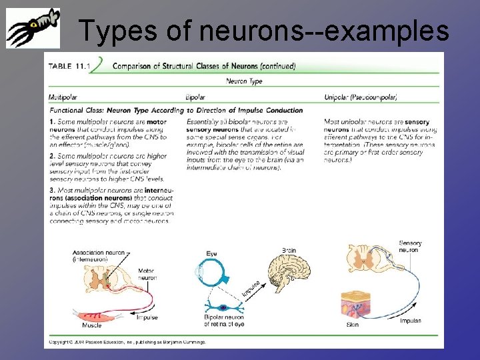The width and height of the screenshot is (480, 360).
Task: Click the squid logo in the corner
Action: click(33, 28)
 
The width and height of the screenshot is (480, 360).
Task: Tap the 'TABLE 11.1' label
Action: click(70, 65)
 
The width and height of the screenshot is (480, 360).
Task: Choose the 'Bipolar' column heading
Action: click(196, 97)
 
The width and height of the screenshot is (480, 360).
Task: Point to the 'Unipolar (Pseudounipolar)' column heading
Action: click(361, 97)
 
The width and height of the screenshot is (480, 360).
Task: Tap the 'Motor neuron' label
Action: click(147, 273)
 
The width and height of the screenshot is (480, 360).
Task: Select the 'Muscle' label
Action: click(91, 325)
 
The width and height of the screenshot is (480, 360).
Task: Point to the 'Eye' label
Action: click(211, 254)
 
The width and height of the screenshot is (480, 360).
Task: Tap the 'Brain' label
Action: click(289, 250)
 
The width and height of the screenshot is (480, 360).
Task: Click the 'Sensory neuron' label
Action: click(409, 247)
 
